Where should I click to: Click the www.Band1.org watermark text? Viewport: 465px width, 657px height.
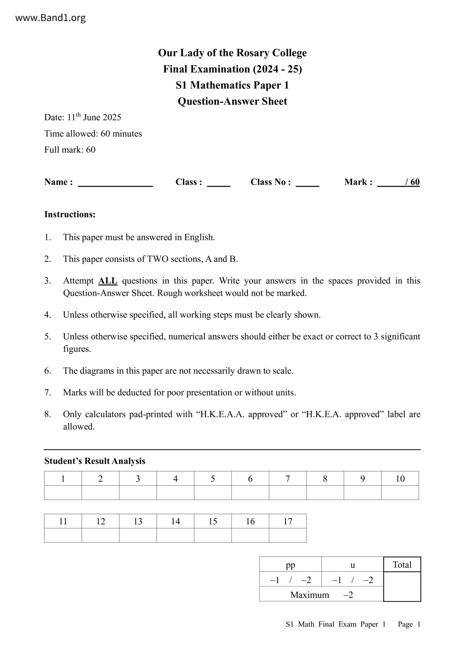tap(50, 18)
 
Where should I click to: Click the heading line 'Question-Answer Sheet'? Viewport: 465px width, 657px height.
tap(232, 101)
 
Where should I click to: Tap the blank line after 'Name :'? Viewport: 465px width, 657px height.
tap(115, 183)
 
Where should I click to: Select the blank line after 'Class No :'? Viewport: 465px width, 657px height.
tap(307, 183)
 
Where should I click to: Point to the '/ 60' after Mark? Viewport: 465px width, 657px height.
tap(412, 182)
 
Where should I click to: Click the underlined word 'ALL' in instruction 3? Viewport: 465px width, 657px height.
tap(108, 281)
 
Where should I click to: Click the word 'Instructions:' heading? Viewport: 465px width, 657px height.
tap(70, 214)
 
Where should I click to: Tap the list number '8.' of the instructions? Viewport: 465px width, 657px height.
tap(48, 414)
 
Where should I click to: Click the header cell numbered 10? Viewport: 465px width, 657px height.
tap(400, 478)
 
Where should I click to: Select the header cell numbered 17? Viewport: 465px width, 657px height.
tap(288, 521)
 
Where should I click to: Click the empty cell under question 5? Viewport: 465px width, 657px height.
tap(213, 493)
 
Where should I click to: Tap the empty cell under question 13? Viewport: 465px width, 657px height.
tap(138, 535)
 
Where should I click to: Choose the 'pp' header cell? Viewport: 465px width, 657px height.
tap(290, 564)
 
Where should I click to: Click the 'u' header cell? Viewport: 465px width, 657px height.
tap(352, 564)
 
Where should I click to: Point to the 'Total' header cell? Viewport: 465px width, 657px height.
tap(402, 564)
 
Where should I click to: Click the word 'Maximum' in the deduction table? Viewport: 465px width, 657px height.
tap(309, 594)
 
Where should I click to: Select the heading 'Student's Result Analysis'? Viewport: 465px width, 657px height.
tap(94, 461)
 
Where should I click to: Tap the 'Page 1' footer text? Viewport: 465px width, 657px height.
tap(409, 624)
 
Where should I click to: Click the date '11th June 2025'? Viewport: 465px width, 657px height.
tap(94, 117)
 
